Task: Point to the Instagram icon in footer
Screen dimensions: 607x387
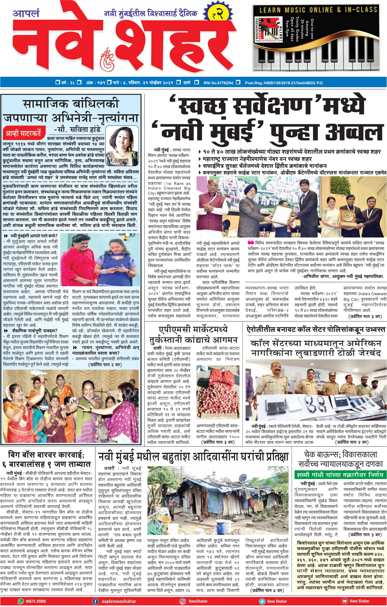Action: point(182,601)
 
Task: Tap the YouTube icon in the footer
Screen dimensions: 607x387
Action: point(345,601)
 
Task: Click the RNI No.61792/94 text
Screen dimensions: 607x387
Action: point(218,83)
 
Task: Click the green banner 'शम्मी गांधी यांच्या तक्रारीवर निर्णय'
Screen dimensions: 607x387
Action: point(340,475)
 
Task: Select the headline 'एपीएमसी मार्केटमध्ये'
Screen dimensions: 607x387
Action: point(193,329)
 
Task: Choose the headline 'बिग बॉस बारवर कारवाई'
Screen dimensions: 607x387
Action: point(46,455)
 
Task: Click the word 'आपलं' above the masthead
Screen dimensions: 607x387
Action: point(26,13)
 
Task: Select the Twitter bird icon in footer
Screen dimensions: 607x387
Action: point(262,601)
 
